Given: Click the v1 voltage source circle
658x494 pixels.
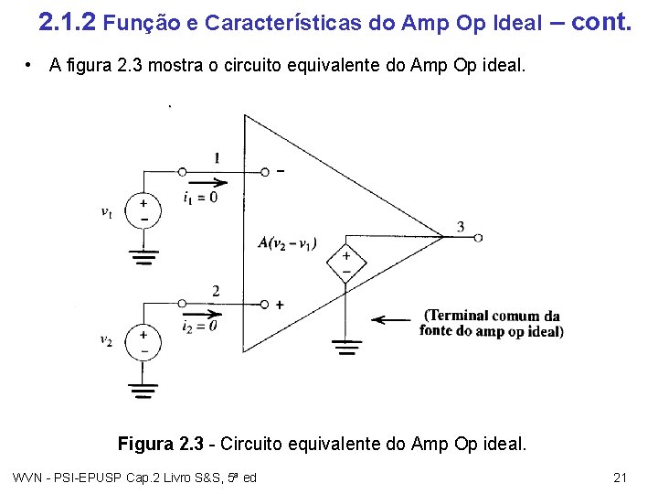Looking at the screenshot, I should [143, 211].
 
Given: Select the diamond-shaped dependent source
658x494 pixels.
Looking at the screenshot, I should [345, 263].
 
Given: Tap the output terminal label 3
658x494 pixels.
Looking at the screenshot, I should [461, 226].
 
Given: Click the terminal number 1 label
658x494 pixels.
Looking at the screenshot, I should [217, 157].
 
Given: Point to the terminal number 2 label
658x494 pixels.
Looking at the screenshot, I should [216, 291].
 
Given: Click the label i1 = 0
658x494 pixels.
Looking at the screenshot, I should [200, 197].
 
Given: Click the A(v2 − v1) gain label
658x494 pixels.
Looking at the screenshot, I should [286, 242].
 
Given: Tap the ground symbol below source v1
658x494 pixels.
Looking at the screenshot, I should [143, 257].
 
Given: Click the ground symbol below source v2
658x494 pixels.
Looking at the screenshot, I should [143, 391].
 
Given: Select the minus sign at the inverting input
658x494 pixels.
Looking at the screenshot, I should [280, 171].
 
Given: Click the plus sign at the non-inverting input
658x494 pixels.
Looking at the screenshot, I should [279, 305].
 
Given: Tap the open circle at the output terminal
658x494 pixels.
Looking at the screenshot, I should [478, 238].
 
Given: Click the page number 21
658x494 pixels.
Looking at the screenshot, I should [621, 478].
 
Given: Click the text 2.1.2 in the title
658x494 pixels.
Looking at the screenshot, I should [69, 22].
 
